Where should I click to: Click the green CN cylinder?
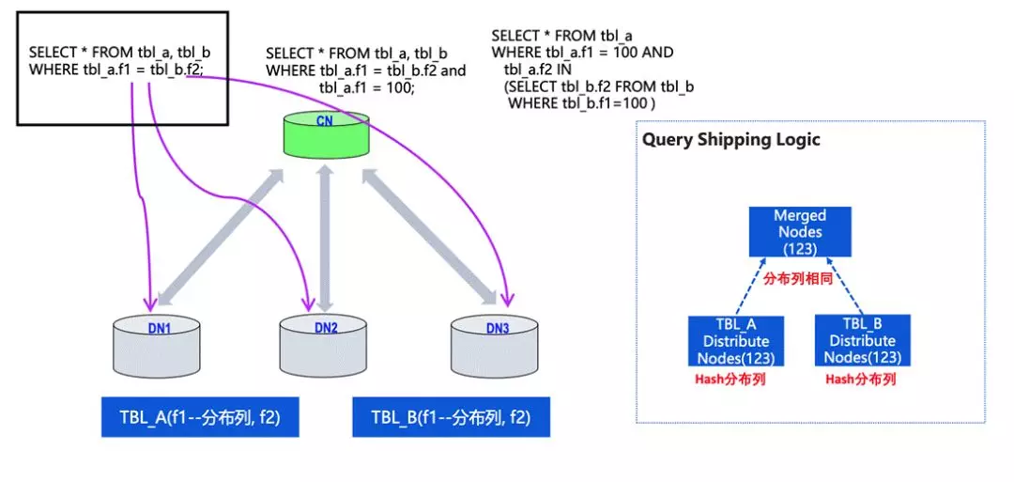point(326,137)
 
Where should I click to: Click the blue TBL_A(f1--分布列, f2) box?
point(199,417)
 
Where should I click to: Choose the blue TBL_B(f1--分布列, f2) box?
point(450,417)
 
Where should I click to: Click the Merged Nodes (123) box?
point(799,231)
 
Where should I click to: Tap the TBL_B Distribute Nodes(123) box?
point(861,340)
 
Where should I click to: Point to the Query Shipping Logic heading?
point(730,140)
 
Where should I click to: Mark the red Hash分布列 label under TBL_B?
point(860,380)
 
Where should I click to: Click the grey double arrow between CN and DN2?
point(326,240)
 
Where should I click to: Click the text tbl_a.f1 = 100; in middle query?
point(366,87)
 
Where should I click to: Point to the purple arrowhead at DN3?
point(508,300)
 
